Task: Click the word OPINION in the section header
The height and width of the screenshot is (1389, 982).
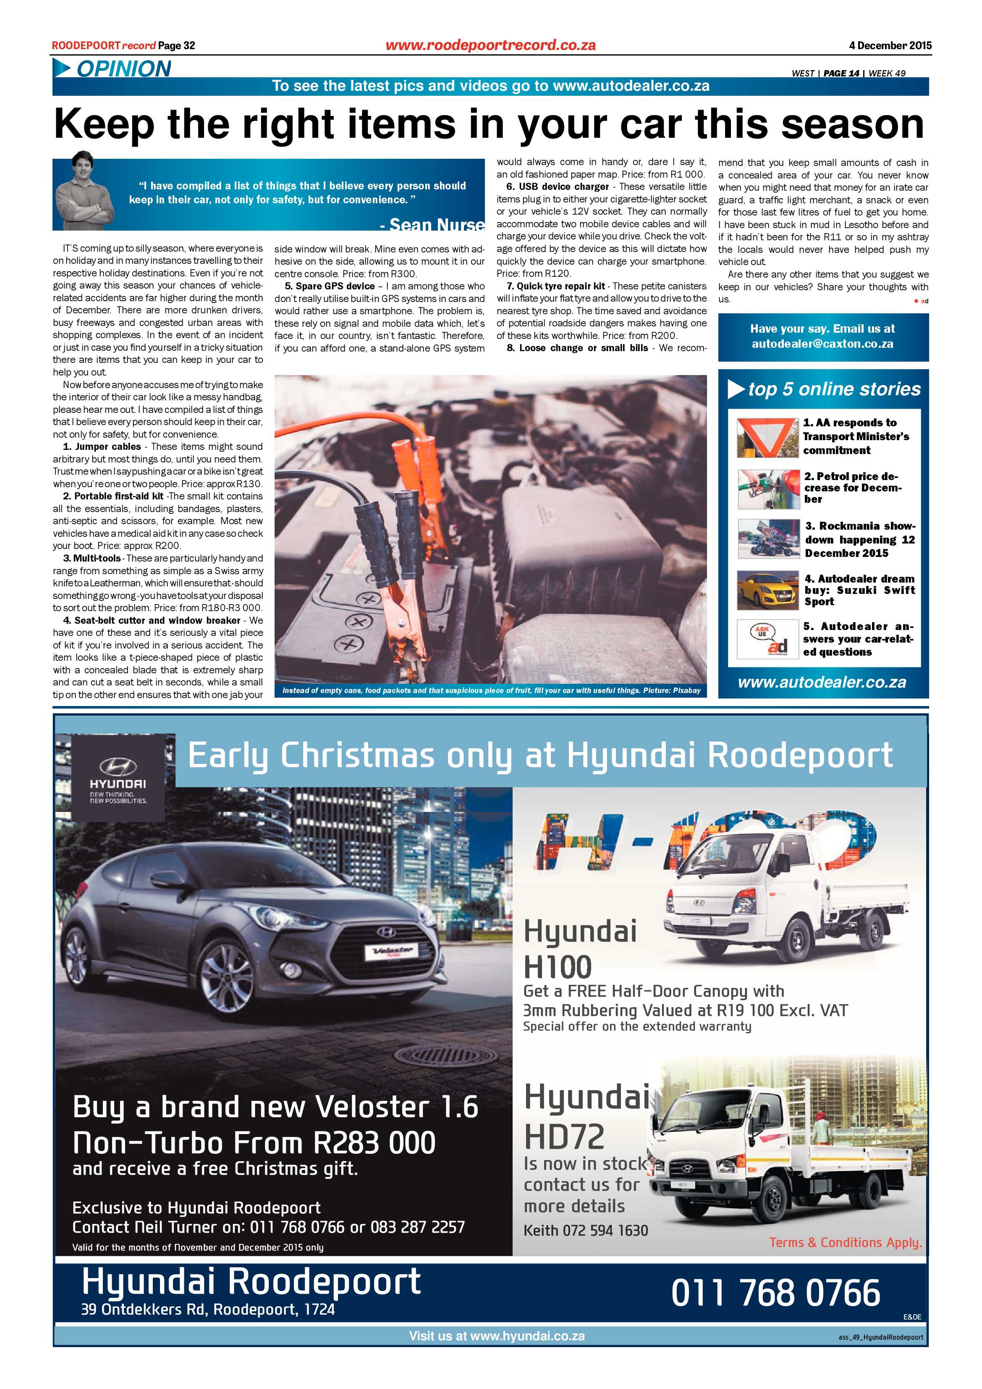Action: [x=124, y=69]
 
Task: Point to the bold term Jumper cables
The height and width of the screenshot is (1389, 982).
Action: [x=108, y=447]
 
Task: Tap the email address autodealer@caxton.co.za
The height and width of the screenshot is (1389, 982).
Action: [x=822, y=344]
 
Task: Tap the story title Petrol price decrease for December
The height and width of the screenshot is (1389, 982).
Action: [x=853, y=488]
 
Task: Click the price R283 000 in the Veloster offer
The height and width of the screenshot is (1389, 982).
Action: [x=374, y=1143]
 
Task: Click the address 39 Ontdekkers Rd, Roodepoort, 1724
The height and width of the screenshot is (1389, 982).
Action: [x=207, y=1310]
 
